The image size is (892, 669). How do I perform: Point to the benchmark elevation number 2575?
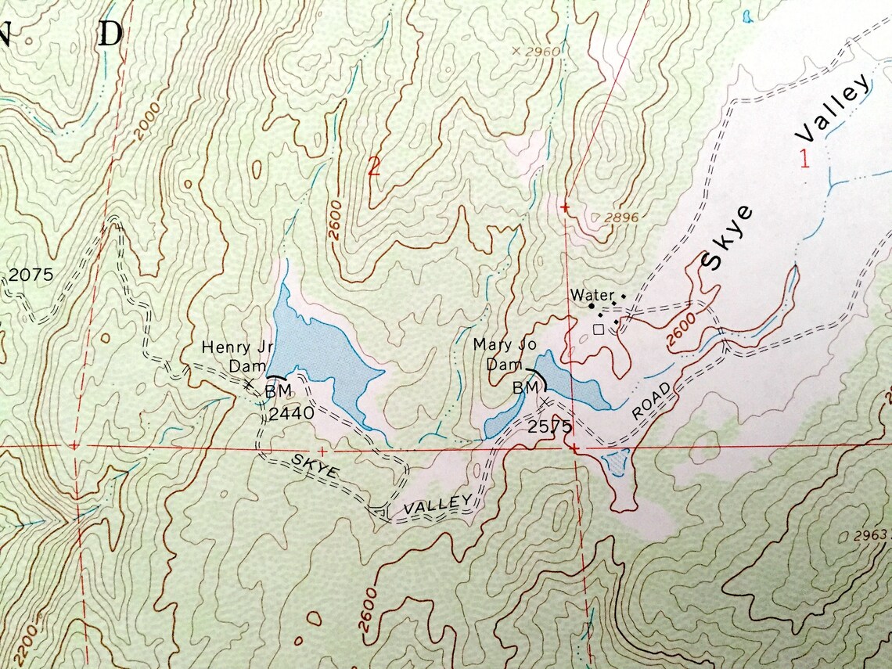coord(550,426)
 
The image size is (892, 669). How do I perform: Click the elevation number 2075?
coord(31,275)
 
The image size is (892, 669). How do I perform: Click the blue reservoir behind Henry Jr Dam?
coord(318,348)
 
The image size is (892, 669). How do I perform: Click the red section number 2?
coord(373,167)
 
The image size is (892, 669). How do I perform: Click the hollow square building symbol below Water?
coord(599,329)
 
